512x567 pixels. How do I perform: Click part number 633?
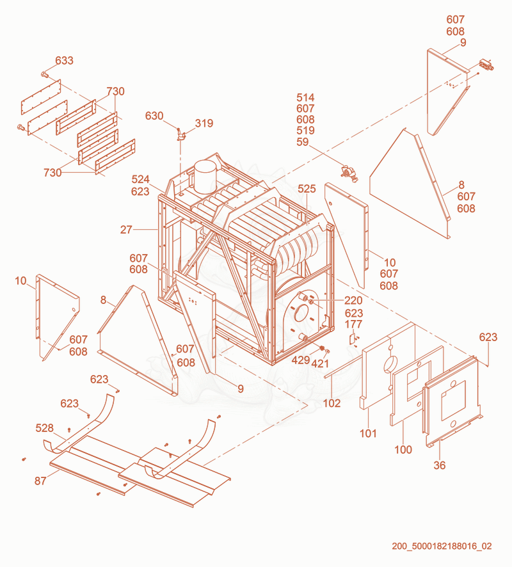pyautogui.click(x=65, y=60)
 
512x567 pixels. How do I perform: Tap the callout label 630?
pyautogui.click(x=154, y=116)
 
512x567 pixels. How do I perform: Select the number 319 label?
pyautogui.click(x=204, y=124)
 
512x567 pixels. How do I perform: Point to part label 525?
pyautogui.click(x=307, y=189)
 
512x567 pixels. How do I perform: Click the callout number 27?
pyautogui.click(x=126, y=230)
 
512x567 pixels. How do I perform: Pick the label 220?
pyautogui.click(x=353, y=301)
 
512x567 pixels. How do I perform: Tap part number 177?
pyautogui.click(x=353, y=324)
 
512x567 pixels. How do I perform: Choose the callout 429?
pyautogui.click(x=301, y=360)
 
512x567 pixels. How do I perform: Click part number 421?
pyautogui.click(x=320, y=363)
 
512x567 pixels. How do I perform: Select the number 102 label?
pyautogui.click(x=332, y=403)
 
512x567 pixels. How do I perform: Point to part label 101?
pyautogui.click(x=368, y=433)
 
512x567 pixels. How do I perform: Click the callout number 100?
pyautogui.click(x=403, y=450)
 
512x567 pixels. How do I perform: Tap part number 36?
pyautogui.click(x=440, y=465)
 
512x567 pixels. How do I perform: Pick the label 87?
pyautogui.click(x=40, y=481)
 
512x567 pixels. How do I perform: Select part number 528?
pyautogui.click(x=44, y=428)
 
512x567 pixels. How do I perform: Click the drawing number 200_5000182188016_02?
pyautogui.click(x=442, y=546)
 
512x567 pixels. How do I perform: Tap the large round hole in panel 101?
pyautogui.click(x=390, y=364)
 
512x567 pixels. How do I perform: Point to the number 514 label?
pyautogui.click(x=305, y=98)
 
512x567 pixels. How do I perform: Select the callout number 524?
pyautogui.click(x=140, y=179)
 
